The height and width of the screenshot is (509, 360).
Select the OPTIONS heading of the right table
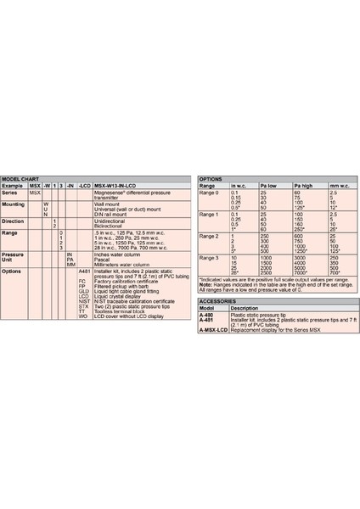click(210, 180)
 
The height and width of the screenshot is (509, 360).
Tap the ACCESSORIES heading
click(217, 301)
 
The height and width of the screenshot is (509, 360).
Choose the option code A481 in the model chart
click(83, 271)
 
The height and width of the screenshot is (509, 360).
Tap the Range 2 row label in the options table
click(208, 235)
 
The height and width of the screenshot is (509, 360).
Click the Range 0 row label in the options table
click(208, 193)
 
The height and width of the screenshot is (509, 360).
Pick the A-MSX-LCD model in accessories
click(213, 327)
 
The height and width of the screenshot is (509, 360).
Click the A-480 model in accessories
click(205, 314)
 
